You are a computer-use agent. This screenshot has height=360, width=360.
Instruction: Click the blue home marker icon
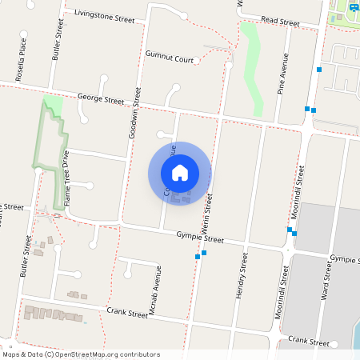click(180, 172)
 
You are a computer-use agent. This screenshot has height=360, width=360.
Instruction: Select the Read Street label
click(280, 22)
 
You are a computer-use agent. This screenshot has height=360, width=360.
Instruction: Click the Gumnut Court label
click(170, 58)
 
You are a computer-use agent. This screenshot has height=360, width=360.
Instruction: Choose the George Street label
click(101, 101)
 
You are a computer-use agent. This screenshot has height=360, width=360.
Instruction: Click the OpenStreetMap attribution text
click(81, 354)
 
